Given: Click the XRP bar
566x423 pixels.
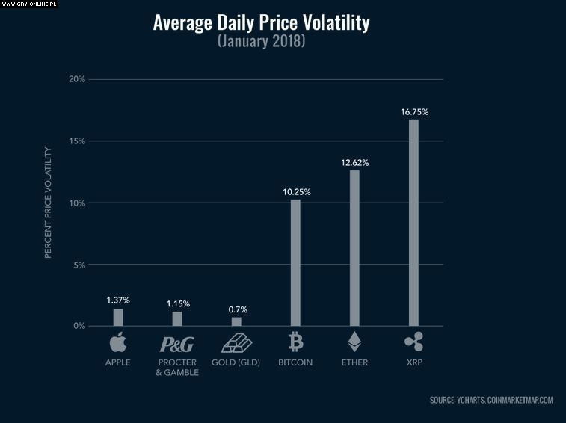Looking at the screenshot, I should pos(413,223).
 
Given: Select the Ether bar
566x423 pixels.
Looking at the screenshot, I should pos(354,248).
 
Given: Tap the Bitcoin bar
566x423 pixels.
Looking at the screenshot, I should pos(295,262).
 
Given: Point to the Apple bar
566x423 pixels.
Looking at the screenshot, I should pos(118,318).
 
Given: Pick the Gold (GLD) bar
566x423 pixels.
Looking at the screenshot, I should pos(236,322).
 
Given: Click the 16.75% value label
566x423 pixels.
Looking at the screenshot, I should pos(414,112).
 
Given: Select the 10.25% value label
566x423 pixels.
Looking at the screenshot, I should pos(296,192).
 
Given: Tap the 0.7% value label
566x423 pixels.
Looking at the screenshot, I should pos(237,309).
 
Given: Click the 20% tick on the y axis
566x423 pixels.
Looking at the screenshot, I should pos(76,79).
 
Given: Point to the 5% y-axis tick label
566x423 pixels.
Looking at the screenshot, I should pos(79,265).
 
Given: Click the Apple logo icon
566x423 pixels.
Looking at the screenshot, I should pos(118,343).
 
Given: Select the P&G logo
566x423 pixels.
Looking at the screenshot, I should pos(176,345).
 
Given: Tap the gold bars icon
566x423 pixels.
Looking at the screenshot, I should pos(237,343).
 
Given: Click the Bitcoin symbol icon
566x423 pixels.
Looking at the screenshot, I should pos(295,342).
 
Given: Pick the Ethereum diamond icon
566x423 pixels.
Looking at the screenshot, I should pos(354,342).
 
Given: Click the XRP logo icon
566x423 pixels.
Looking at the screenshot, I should pos(413,342).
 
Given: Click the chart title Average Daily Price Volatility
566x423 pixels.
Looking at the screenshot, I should pos(261,23).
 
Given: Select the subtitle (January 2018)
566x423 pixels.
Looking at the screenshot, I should pos(261,41).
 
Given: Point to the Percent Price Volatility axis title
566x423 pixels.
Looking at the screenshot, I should pos(48,203).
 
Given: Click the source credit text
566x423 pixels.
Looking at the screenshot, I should pos(491,401).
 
